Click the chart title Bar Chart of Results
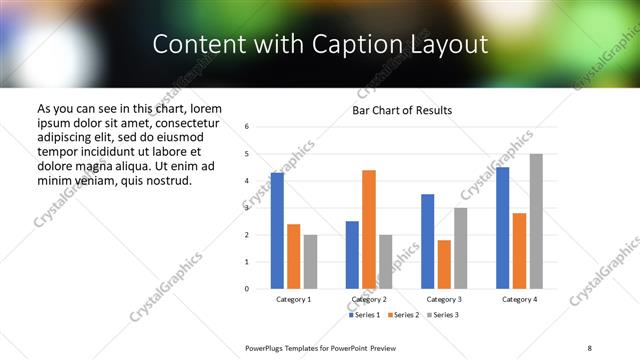pyautogui.click(x=402, y=110)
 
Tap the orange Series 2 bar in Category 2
pyautogui.click(x=368, y=229)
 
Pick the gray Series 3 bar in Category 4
pyautogui.click(x=536, y=221)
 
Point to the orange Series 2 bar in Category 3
pyautogui.click(x=444, y=264)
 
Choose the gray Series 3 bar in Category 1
pyautogui.click(x=310, y=261)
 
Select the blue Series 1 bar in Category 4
pyautogui.click(x=502, y=228)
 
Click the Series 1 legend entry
pyautogui.click(x=366, y=315)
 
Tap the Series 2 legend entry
pyautogui.click(x=402, y=315)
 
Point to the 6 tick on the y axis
pyautogui.click(x=247, y=127)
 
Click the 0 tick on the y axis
pyautogui.click(x=247, y=289)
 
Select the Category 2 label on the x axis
pyautogui.click(x=369, y=300)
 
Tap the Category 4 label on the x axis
pyautogui.click(x=519, y=300)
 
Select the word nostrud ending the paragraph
pyautogui.click(x=168, y=180)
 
